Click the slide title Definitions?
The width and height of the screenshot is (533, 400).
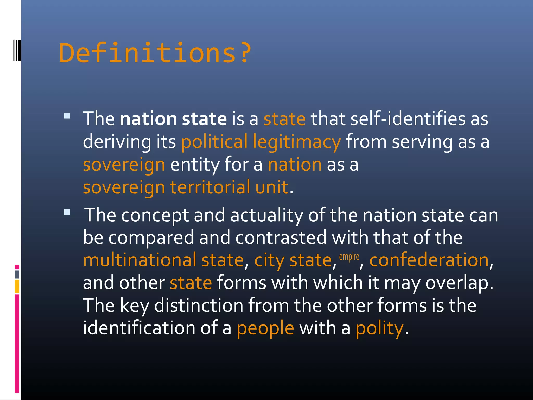155,53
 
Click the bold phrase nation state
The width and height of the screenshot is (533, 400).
173,119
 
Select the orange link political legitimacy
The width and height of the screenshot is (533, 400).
261,142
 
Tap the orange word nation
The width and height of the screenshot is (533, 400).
295,165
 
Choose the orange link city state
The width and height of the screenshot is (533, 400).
293,260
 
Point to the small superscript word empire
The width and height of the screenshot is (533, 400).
349,257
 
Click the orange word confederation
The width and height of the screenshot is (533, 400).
429,260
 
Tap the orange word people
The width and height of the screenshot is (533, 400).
265,328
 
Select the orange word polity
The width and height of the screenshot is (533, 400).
379,328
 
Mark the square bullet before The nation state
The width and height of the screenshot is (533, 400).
67,116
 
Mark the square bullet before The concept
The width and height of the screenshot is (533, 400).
67,212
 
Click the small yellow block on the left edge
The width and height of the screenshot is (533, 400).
17,286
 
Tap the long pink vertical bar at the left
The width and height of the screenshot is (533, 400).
17,343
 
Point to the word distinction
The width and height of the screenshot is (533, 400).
199,305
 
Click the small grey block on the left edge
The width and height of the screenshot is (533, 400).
17,274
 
